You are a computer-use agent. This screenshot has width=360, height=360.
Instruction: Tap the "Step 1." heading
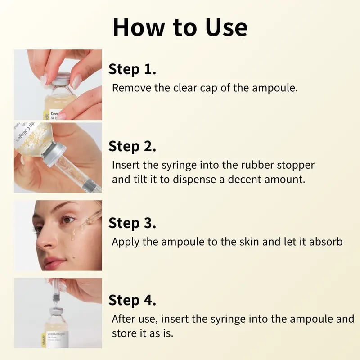[132, 70]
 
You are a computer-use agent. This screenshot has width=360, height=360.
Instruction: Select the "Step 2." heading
[132, 146]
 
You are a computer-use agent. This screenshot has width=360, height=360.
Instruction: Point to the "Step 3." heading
[132, 223]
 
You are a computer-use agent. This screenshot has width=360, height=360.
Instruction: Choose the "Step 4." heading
[132, 300]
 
